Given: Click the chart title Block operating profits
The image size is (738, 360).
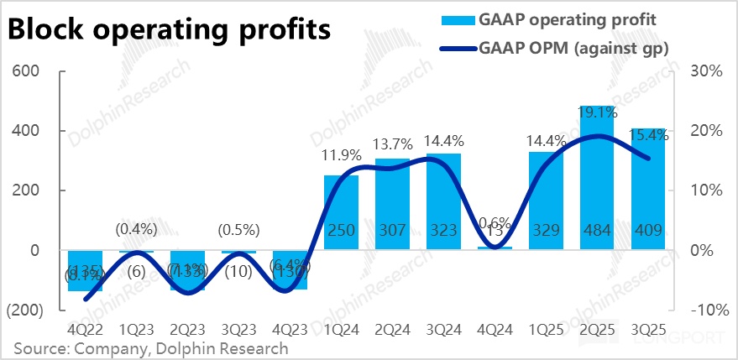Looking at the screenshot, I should tap(168, 30).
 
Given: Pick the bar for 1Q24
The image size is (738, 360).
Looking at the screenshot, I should tap(342, 214).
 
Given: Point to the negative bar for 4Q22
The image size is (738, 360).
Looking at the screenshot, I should tap(85, 269).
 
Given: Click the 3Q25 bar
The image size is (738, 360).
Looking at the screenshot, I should tap(649, 193).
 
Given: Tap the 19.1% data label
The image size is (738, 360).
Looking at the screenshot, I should tap(598, 112).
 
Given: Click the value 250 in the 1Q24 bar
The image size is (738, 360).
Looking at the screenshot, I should tap(342, 232).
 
